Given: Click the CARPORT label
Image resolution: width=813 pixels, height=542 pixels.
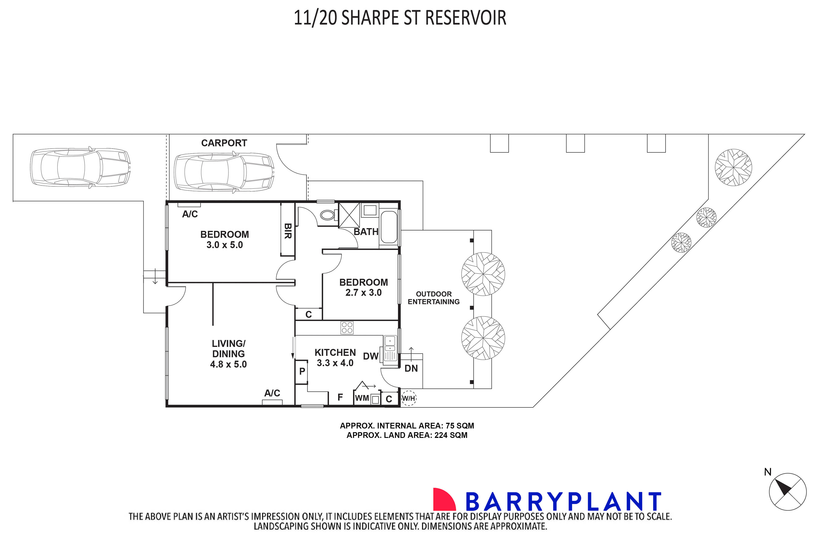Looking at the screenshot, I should pyautogui.click(x=224, y=143).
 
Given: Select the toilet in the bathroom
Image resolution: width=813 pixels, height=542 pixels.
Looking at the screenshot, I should pyautogui.click(x=327, y=215).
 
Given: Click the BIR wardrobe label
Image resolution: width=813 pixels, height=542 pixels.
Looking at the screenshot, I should pyautogui.click(x=287, y=231).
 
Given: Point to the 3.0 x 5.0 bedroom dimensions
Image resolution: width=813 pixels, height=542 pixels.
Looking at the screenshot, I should pyautogui.click(x=225, y=245).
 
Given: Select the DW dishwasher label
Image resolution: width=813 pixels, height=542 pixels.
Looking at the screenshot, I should pyautogui.click(x=371, y=356).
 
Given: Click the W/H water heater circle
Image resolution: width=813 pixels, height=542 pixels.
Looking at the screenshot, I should pyautogui.click(x=408, y=398).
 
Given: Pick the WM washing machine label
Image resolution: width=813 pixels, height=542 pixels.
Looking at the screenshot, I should pyautogui.click(x=362, y=398).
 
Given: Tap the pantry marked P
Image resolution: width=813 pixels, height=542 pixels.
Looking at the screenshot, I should pyautogui.click(x=302, y=371).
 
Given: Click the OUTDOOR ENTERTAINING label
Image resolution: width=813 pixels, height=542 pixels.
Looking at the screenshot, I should pyautogui.click(x=434, y=298).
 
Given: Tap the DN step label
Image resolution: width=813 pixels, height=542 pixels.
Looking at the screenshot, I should pyautogui.click(x=411, y=368).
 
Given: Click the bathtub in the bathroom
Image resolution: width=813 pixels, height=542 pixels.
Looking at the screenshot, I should pyautogui.click(x=389, y=227).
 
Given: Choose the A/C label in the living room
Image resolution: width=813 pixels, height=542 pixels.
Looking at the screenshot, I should pyautogui.click(x=272, y=393).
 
